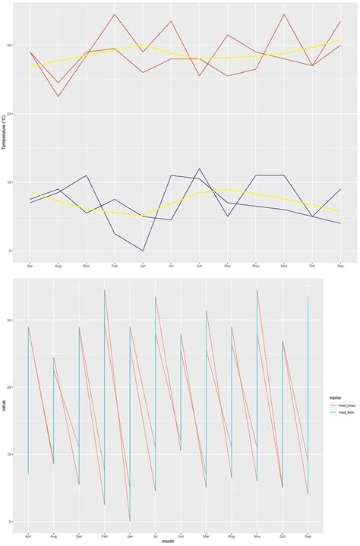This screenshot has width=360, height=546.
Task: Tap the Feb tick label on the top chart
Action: pos(115,266)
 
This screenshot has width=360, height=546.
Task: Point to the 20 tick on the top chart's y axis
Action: pos(10,114)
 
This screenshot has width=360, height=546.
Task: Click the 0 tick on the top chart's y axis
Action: pos(11,251)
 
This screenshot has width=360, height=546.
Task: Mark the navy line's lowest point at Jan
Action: pos(143,251)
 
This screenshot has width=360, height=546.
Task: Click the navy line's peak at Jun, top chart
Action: pos(199,169)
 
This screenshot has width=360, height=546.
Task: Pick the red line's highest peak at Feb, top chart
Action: pos(115,14)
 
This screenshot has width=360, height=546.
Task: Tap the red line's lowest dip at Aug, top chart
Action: pos(58,96)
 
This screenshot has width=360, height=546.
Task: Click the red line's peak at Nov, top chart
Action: pos(283,14)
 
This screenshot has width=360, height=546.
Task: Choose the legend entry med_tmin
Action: pos(340,413)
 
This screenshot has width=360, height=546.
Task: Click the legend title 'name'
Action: pos(333,396)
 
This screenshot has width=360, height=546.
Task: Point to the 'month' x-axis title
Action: pos(167,541)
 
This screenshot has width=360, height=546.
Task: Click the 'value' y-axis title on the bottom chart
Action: pos(5,406)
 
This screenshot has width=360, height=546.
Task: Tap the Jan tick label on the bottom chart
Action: pos(130,535)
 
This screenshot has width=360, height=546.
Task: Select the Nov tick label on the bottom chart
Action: pos(257,535)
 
